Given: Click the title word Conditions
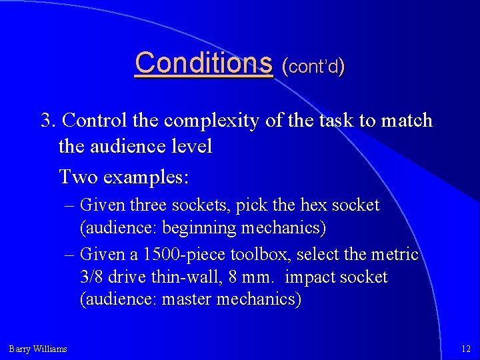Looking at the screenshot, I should tap(203, 63).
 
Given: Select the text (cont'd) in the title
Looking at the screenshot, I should tap(313, 66).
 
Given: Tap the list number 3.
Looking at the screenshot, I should tap(47, 121).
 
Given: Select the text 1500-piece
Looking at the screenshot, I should tap(175, 254).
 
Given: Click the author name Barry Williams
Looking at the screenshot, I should tap(38, 349).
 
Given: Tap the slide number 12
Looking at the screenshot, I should tap(465, 349).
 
